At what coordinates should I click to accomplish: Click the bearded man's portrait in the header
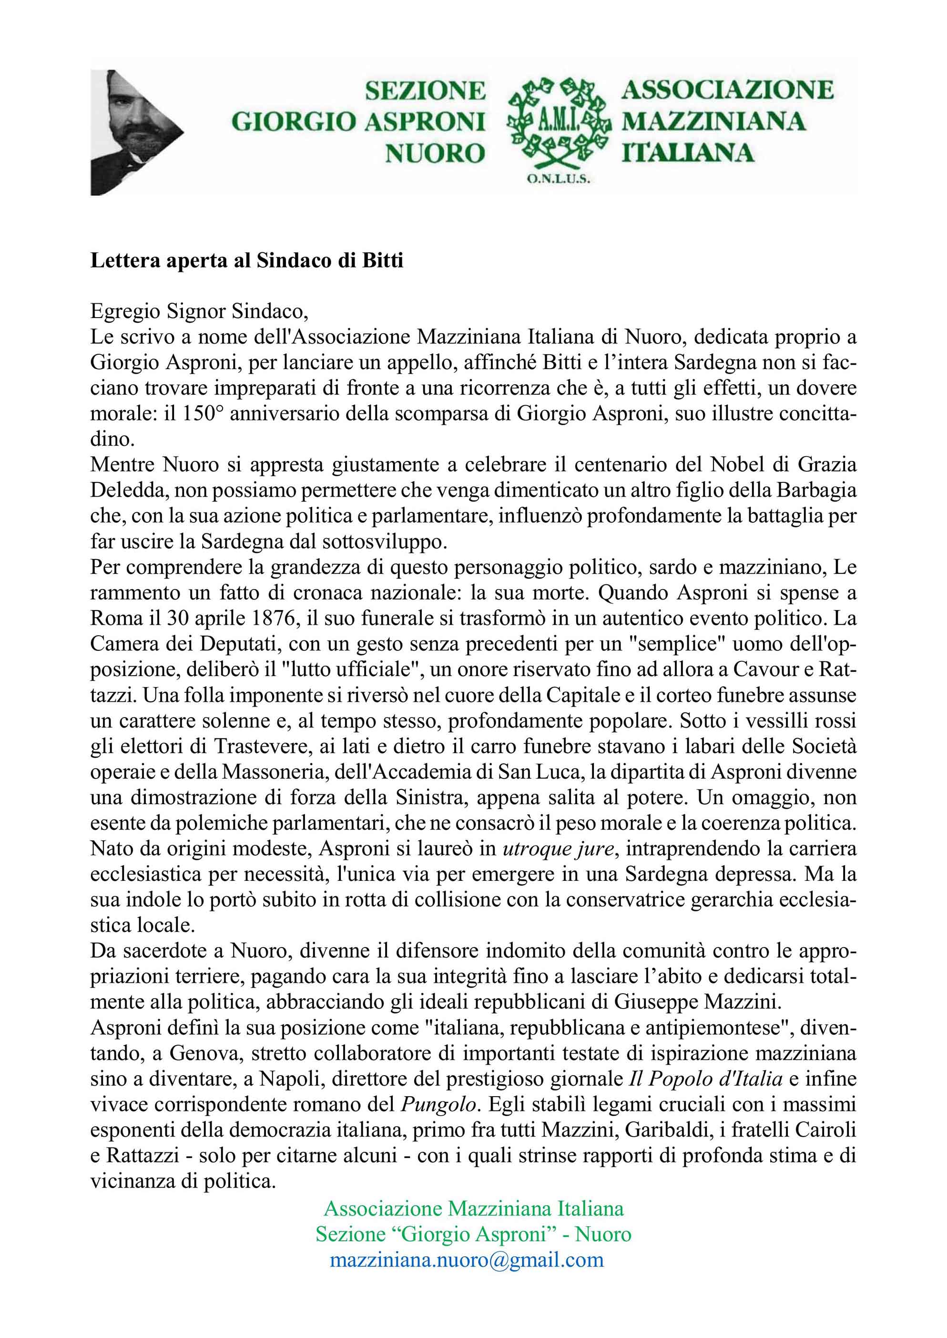click(x=131, y=131)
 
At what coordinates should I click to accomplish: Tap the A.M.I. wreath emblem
click(x=558, y=122)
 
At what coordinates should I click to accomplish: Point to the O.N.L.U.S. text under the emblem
click(x=559, y=180)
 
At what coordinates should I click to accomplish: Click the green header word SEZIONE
click(x=425, y=91)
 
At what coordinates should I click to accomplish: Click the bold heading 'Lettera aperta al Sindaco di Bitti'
click(x=247, y=260)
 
